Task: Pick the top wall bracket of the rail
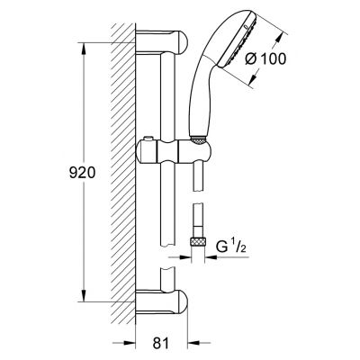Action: [x=161, y=42]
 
